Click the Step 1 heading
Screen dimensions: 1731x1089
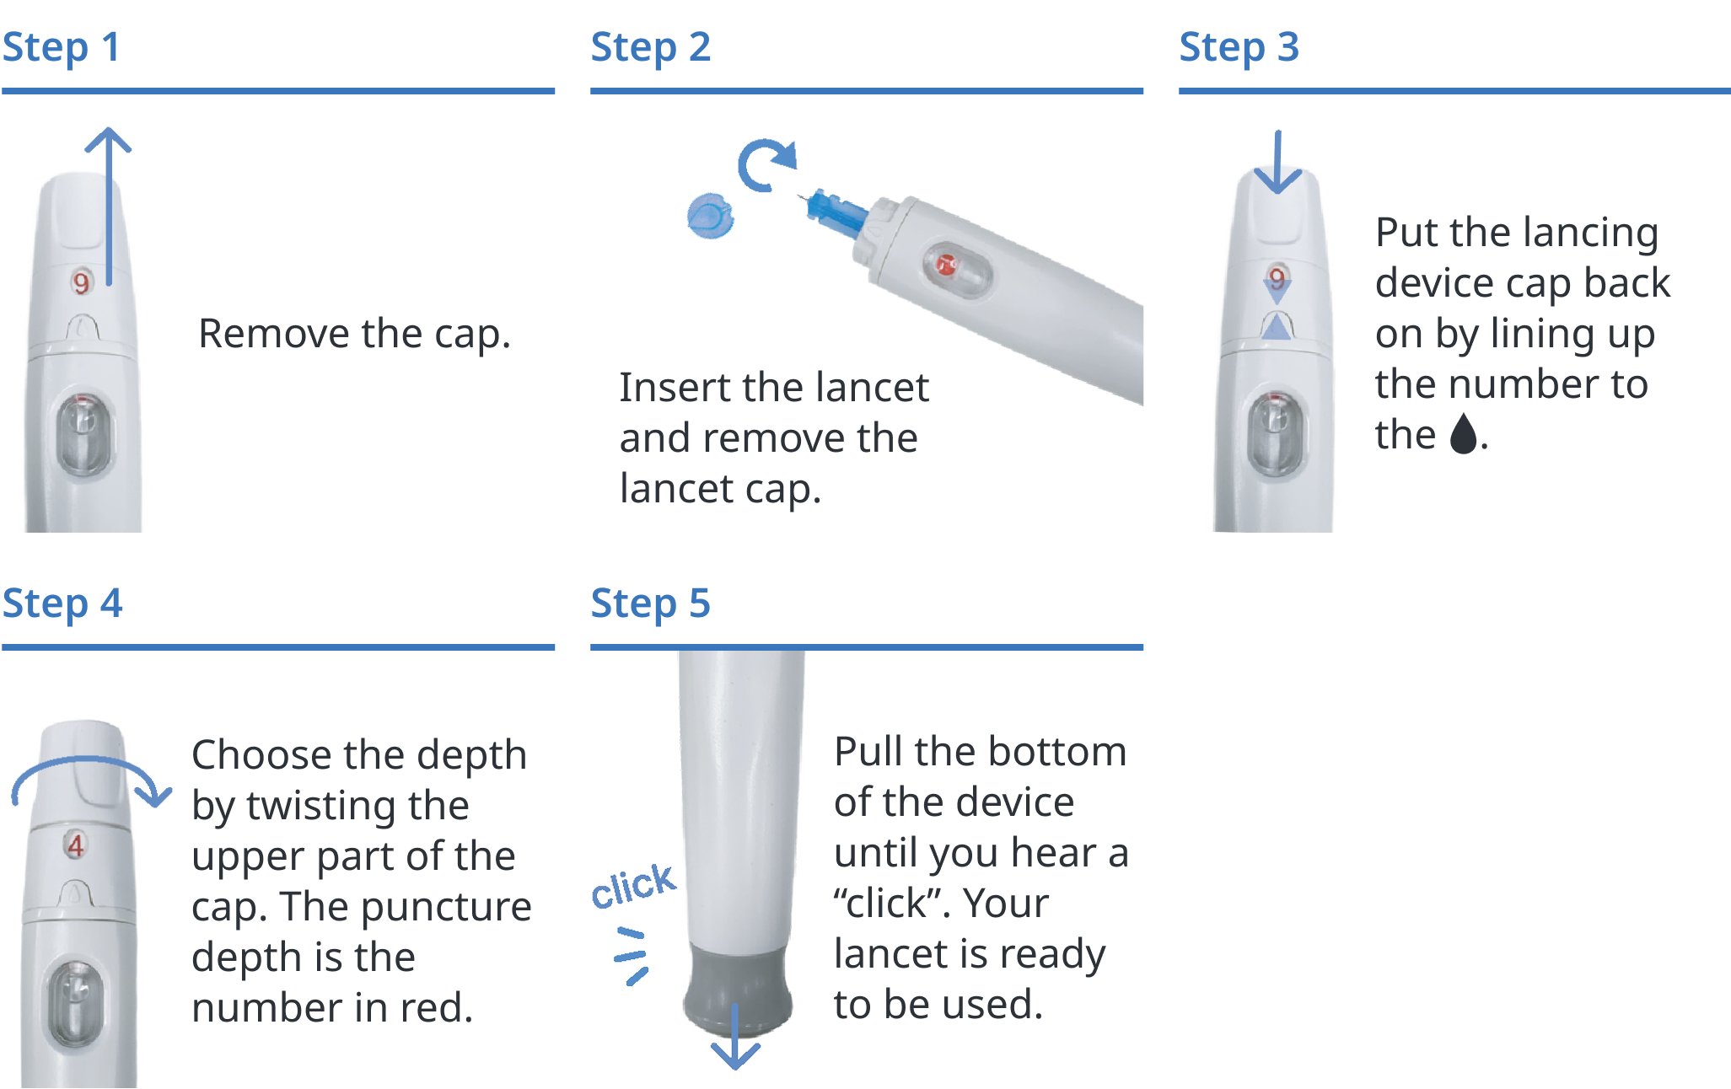pyautogui.click(x=61, y=48)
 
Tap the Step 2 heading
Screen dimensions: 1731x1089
pyautogui.click(x=650, y=48)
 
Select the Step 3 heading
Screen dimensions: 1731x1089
pyautogui.click(x=1239, y=48)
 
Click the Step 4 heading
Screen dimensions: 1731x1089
pyautogui.click(x=62, y=604)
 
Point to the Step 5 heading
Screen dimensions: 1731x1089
pyautogui.click(x=650, y=604)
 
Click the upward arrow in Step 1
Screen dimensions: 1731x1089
pyautogui.click(x=109, y=202)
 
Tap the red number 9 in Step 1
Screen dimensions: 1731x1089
pyautogui.click(x=81, y=282)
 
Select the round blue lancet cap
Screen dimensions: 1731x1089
pyautogui.click(x=710, y=216)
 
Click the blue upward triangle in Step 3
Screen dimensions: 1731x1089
pyautogui.click(x=1277, y=327)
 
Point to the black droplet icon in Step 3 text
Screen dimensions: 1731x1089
pyautogui.click(x=1464, y=433)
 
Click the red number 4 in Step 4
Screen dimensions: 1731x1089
pyautogui.click(x=76, y=845)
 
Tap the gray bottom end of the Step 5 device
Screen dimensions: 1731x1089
pyautogui.click(x=738, y=986)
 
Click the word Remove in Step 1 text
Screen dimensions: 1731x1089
pyautogui.click(x=274, y=334)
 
